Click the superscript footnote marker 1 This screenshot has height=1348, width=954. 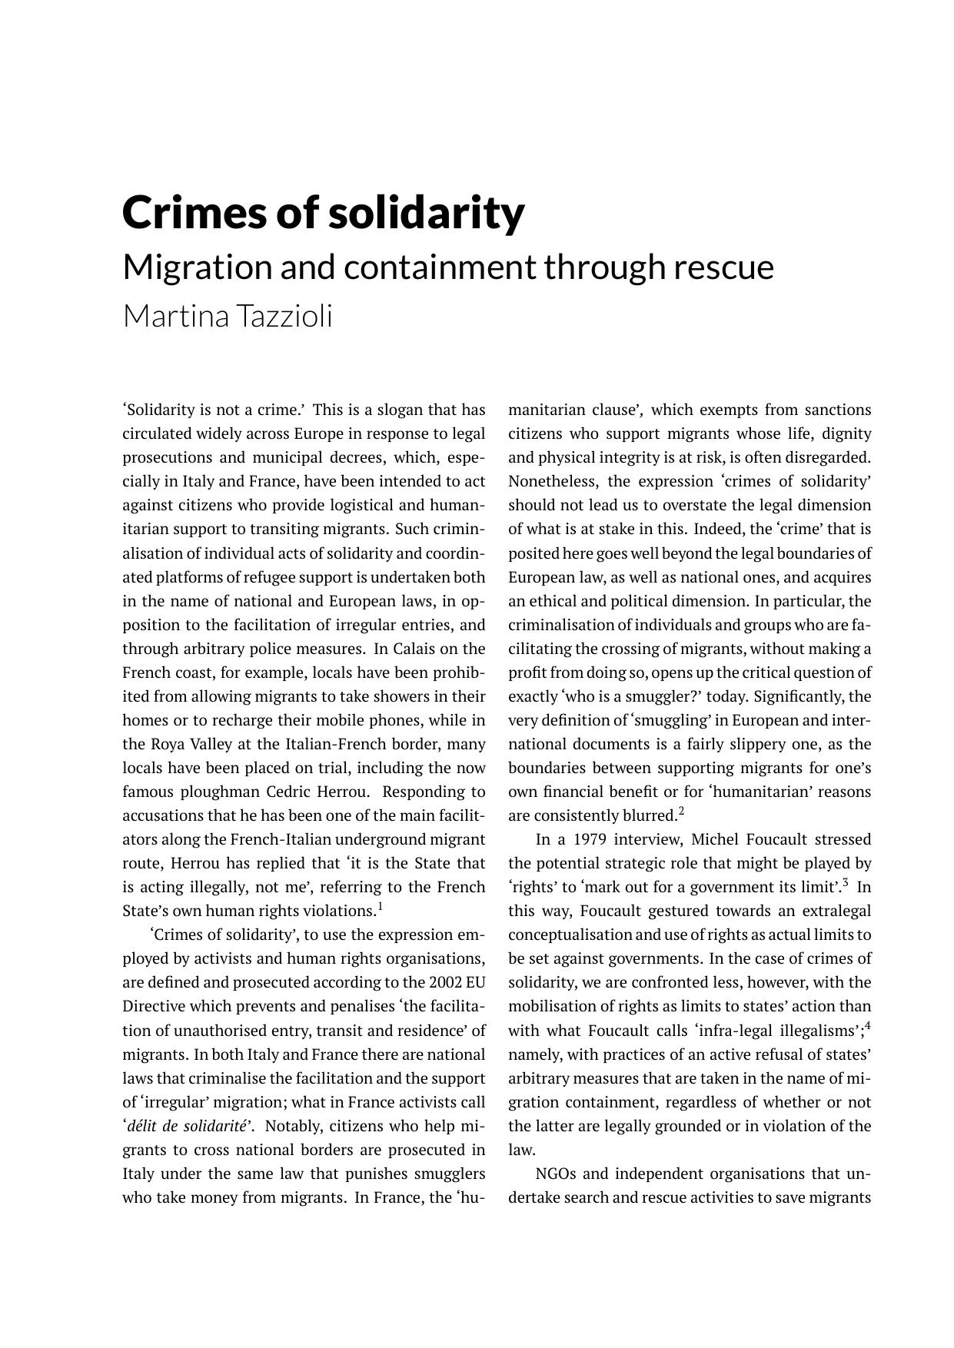(380, 907)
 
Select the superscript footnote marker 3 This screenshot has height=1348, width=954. (846, 882)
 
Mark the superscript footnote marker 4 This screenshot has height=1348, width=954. (868, 1026)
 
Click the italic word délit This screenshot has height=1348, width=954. (145, 1126)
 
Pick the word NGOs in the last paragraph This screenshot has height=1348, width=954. (556, 1174)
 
